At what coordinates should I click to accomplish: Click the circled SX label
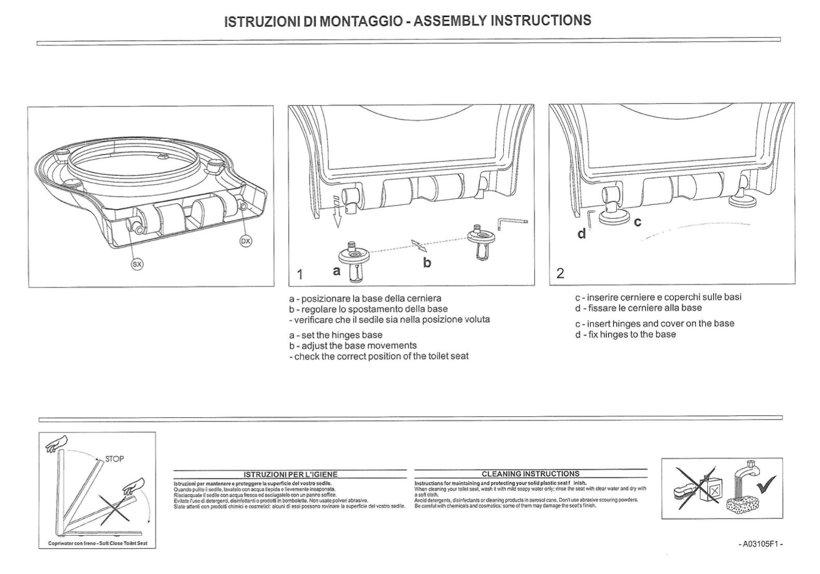pos(137,264)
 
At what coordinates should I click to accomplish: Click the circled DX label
pos(246,241)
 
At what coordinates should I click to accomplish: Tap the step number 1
pos(300,274)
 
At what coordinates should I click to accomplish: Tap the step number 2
pos(560,273)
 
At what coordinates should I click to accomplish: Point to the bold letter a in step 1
pos(337,270)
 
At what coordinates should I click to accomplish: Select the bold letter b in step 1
pos(427,263)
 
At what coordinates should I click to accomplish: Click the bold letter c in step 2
pos(638,222)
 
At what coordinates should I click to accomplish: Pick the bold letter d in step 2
pos(582,234)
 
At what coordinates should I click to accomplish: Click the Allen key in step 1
pos(512,223)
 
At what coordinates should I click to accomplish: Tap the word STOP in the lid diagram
pos(114,459)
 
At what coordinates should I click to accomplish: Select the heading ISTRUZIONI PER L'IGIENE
pos(290,474)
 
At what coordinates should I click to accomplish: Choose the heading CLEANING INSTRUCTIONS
pos(530,473)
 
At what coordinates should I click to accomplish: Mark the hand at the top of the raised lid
pos(57,444)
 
